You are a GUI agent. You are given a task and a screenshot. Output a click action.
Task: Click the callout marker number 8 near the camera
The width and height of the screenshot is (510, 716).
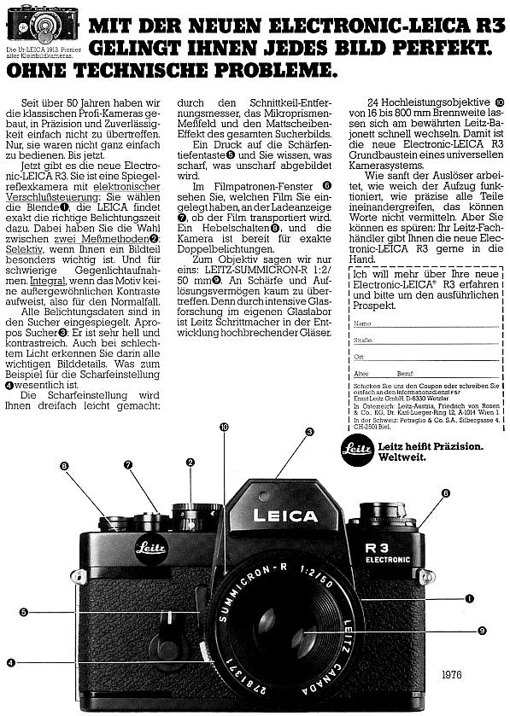[x=64, y=465]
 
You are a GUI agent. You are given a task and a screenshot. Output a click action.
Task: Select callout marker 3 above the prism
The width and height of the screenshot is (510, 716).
[x=309, y=432]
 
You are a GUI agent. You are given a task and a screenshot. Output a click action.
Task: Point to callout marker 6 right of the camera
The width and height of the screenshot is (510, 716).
[x=445, y=493]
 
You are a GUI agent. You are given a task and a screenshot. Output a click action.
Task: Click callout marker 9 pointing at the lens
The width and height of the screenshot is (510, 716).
[x=482, y=630]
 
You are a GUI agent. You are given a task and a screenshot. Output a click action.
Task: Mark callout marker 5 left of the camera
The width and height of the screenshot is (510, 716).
[x=24, y=611]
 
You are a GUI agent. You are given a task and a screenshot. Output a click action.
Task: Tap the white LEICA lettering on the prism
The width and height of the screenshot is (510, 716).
[x=284, y=516]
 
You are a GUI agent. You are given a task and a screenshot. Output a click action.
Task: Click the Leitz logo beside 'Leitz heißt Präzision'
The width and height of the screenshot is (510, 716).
[x=357, y=446]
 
